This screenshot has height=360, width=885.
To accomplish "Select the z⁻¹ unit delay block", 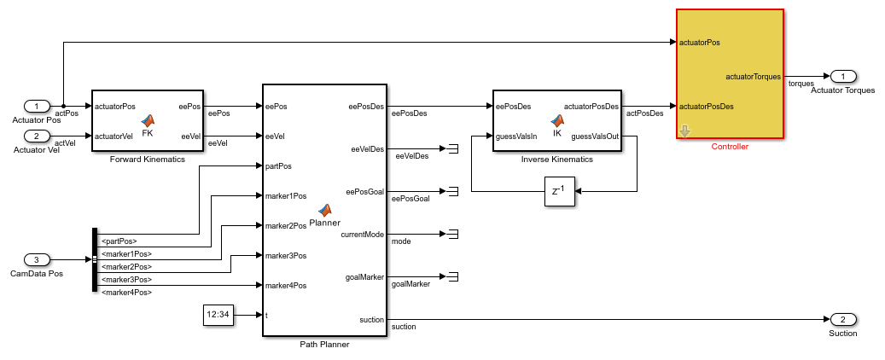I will tap(559, 191).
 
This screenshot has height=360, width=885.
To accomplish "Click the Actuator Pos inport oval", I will tap(36, 107).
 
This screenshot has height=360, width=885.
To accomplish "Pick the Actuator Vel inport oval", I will tap(36, 136).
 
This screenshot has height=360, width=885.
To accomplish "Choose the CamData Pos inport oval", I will tap(36, 259).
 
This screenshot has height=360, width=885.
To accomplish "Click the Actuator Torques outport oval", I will tap(842, 77).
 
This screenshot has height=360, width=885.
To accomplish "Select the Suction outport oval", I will tap(842, 319).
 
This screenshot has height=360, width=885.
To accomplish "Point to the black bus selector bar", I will tap(94, 259).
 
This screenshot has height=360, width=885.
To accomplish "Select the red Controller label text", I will tap(730, 147).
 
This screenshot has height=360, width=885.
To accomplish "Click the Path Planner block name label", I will tap(324, 344).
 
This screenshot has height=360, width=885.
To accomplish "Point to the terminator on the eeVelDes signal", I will tap(452, 149).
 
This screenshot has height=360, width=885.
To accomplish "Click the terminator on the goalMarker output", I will tap(452, 276).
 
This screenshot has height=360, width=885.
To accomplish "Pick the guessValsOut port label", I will tap(594, 136).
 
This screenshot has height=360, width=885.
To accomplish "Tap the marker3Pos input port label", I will tap(286, 255).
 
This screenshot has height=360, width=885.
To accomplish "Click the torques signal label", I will tap(801, 84).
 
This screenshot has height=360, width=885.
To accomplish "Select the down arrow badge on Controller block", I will tap(684, 131).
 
